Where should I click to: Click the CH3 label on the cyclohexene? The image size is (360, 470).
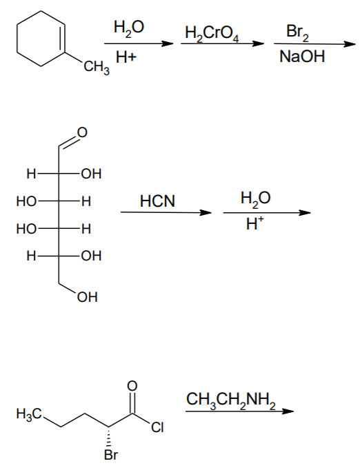pos(97,68)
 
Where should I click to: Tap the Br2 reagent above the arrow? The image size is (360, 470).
pos(297,32)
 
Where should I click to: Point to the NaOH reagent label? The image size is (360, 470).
pos(302,57)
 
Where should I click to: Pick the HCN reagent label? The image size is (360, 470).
pos(157,201)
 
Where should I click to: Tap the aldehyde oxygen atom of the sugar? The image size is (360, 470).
pos(81,132)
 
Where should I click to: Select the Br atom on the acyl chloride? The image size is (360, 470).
pos(111,455)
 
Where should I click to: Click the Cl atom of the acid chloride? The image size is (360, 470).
pos(157,427)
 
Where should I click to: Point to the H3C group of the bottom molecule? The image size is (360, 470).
pos(30,415)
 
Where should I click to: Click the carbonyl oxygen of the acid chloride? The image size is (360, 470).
pos(132,386)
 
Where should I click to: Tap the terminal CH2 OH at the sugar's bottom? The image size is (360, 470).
pos(88,297)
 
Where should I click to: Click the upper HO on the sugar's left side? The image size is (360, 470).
pos(26,201)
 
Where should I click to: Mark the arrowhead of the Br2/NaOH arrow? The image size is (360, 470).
pos(350,45)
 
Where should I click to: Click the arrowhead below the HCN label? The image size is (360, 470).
pos(206,213)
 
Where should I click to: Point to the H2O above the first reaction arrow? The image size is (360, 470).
pos(129,28)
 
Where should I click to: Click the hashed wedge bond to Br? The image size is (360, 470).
pos(109,438)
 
